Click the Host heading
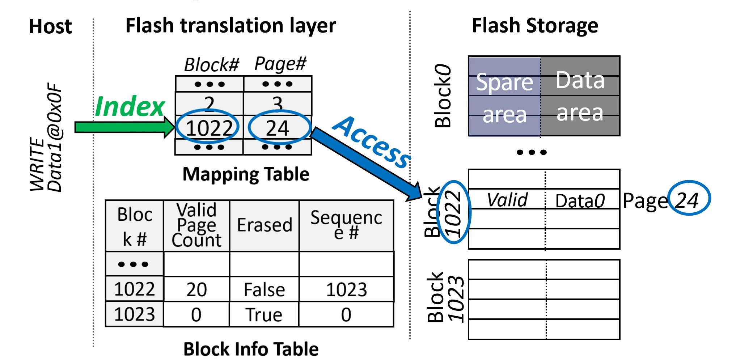[50, 26]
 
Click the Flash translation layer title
[230, 26]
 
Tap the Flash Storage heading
[535, 26]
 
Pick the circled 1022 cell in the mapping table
[209, 128]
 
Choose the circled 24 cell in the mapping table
[278, 128]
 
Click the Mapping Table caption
[246, 174]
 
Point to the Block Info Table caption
[251, 349]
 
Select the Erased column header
[265, 225]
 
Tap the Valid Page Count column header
[196, 225]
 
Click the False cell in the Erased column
[265, 289]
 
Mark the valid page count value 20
[196, 289]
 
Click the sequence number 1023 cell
[346, 289]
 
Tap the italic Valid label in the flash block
[507, 200]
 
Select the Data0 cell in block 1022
[580, 201]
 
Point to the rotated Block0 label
[443, 96]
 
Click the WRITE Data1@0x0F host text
[46, 137]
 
